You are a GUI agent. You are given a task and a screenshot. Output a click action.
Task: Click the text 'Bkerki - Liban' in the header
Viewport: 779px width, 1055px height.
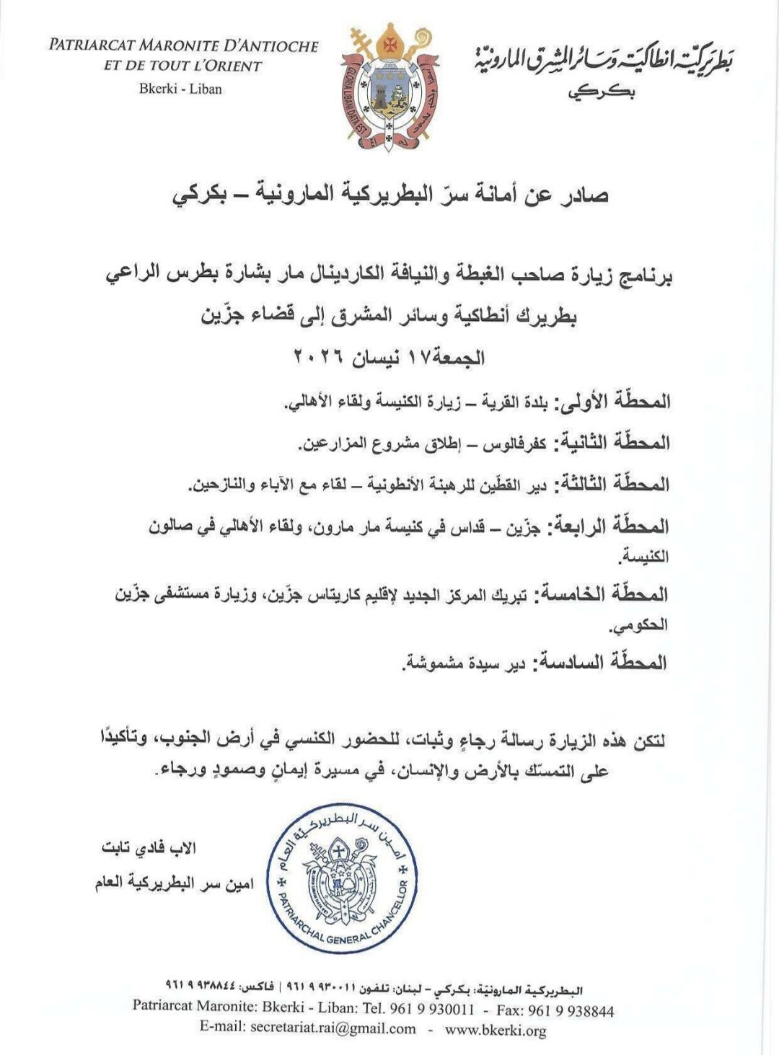(180, 89)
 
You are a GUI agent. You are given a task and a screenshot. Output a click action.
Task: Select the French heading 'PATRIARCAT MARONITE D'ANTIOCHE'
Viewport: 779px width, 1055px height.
(183, 46)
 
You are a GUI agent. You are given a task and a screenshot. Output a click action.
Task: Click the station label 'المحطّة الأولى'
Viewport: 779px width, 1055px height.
(613, 401)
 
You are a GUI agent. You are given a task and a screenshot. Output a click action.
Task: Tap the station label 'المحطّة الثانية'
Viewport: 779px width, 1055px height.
(611, 442)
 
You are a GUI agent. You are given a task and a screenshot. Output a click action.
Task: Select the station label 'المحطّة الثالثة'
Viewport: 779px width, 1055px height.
(611, 484)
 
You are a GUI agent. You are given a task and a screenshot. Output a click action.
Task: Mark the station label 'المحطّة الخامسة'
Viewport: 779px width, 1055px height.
(607, 594)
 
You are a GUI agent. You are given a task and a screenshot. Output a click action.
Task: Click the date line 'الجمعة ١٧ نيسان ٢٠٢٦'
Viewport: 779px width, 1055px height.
(389, 357)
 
